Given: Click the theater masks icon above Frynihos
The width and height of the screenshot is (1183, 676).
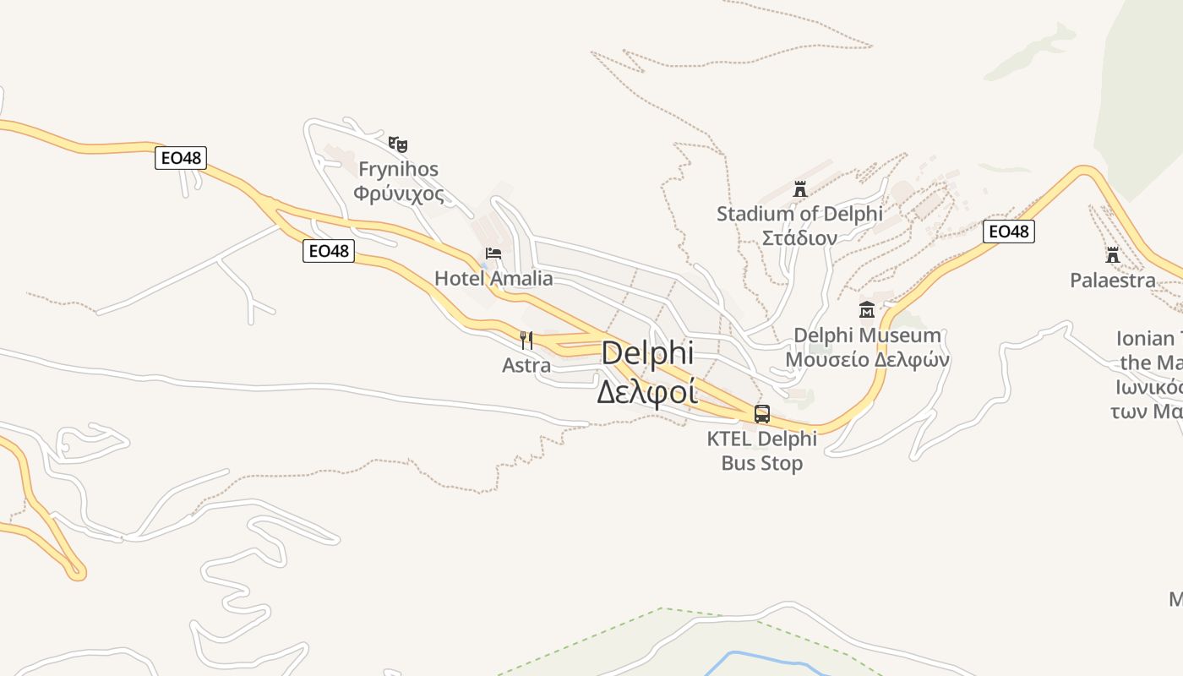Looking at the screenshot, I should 398,144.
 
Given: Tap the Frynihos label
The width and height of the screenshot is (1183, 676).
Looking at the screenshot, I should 398,169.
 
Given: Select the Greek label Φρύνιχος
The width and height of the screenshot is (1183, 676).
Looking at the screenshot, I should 398,194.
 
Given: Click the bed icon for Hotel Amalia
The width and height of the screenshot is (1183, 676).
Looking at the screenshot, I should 493,253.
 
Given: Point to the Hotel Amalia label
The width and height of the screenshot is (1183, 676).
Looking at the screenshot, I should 493,279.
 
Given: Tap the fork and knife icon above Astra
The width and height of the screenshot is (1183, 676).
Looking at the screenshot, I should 526,340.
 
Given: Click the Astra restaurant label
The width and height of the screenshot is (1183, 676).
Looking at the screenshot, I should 526,365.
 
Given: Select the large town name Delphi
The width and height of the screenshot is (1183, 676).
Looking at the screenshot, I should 647,353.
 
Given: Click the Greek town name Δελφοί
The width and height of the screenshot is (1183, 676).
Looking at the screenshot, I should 647,392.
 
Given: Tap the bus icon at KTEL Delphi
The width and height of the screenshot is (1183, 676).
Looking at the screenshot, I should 762,414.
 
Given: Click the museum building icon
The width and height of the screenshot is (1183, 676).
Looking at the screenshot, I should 866,310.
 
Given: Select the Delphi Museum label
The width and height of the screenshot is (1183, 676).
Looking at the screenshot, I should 867,335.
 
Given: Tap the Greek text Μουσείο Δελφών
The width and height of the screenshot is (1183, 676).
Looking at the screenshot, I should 867,359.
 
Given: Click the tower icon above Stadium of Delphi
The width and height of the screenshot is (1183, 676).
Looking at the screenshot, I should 800,188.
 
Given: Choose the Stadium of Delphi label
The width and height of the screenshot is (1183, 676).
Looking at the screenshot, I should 799,214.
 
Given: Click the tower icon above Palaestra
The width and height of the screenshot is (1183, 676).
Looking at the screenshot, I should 1113,254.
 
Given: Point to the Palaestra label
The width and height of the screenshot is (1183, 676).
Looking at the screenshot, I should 1113,280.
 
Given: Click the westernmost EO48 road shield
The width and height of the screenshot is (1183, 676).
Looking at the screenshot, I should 181,158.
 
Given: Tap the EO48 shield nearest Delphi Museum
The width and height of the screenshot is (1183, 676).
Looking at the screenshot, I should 1009,232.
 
